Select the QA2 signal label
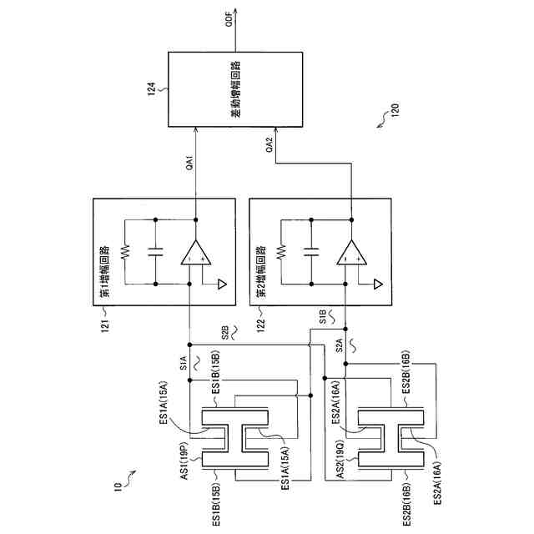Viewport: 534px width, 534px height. pos(269,145)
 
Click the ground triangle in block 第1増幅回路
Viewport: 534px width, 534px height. pos(221,284)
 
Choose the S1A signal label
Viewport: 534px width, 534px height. pos(182,361)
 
